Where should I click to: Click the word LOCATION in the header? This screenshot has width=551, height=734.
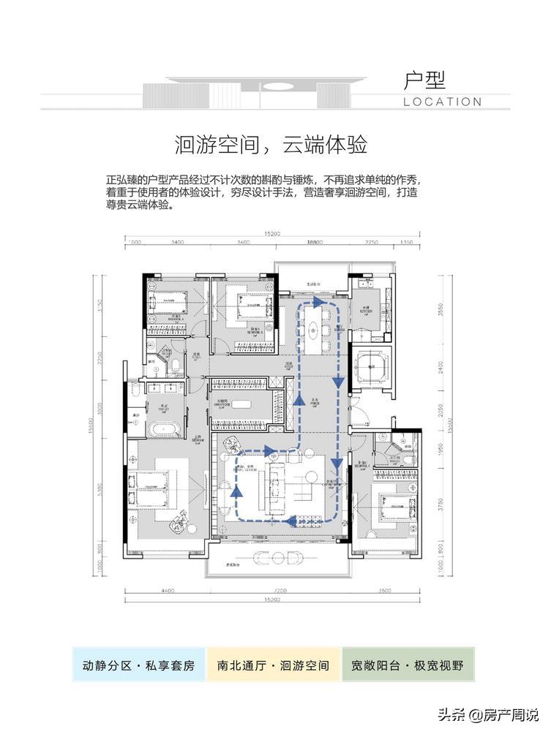pyautogui.click(x=442, y=102)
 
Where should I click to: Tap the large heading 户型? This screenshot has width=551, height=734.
pyautogui.click(x=424, y=79)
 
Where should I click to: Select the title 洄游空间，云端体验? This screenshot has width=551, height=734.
pyautogui.click(x=271, y=144)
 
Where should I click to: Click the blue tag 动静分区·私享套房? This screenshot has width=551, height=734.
pyautogui.click(x=138, y=665)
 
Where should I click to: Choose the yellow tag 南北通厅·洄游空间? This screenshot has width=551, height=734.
pyautogui.click(x=274, y=665)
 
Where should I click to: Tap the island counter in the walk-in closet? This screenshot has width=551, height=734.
pyautogui.click(x=247, y=404)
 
